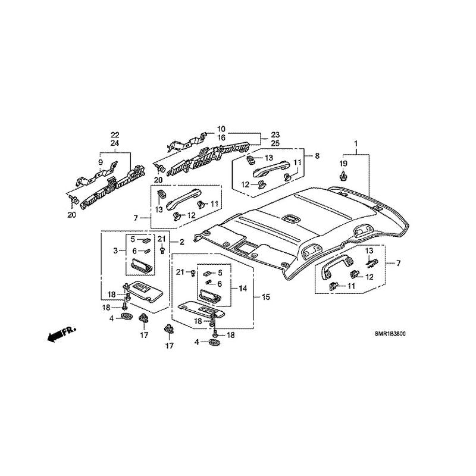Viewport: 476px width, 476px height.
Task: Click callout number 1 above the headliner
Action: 356,144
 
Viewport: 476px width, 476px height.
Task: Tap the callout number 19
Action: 343,163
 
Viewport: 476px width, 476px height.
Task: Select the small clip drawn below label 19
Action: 343,176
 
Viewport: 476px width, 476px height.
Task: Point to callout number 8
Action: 317,156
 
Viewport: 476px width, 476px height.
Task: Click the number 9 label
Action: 101,162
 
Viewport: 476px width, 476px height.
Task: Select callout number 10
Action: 221,129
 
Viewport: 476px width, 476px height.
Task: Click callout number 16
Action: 221,137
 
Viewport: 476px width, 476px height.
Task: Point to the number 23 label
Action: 275,134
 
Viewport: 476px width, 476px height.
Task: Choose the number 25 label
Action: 275,143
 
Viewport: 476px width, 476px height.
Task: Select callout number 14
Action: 243,288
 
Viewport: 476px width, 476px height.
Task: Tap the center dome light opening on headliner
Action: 292,218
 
